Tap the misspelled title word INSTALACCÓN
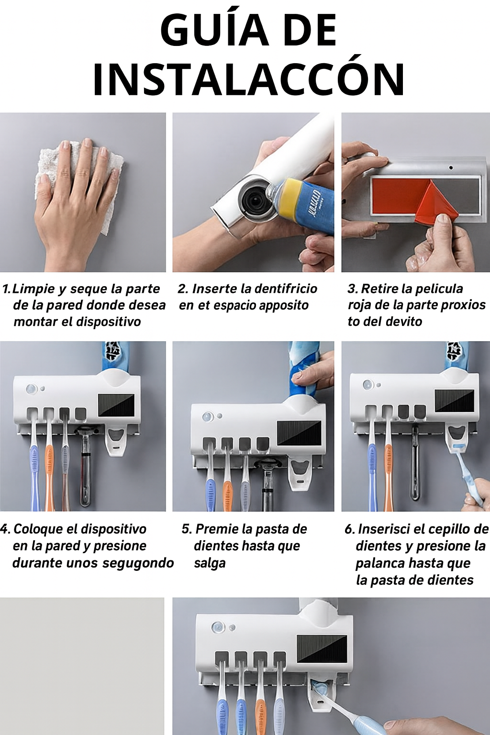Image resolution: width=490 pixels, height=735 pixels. coord(248,79)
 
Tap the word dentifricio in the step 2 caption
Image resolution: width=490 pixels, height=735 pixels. coord(285,289)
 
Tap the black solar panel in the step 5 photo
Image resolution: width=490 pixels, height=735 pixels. coord(299,433)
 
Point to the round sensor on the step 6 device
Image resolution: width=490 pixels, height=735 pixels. coord(367,385)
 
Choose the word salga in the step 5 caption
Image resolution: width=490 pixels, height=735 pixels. coord(210,563)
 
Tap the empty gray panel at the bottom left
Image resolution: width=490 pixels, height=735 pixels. coord(82,665)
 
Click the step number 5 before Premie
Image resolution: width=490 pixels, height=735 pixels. coord(186,529)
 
